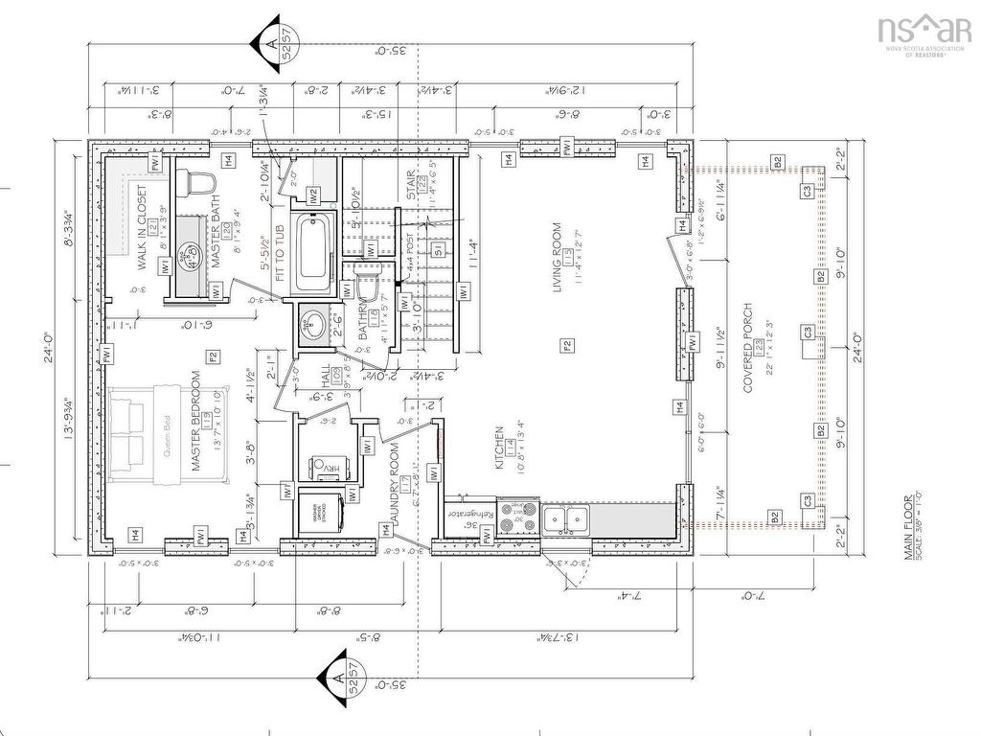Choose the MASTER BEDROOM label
(197, 422)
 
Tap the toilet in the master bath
(202, 181)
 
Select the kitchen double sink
(566, 518)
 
